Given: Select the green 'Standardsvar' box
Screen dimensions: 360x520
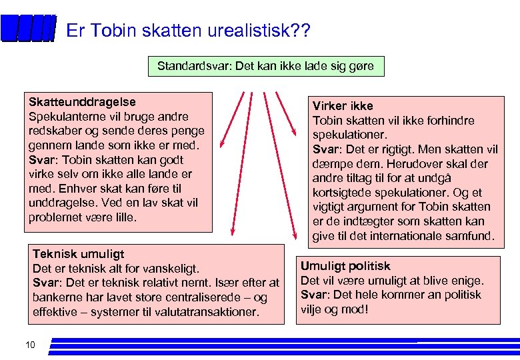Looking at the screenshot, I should coord(265,67).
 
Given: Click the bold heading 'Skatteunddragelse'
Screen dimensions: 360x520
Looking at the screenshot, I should coord(82,102).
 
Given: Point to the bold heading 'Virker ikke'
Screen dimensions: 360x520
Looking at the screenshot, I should coord(343,106).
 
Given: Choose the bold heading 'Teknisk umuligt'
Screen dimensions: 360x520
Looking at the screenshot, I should coord(78,254).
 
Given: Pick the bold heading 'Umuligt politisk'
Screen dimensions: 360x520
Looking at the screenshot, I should coord(345,266).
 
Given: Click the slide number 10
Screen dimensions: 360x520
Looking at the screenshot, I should coord(29,345).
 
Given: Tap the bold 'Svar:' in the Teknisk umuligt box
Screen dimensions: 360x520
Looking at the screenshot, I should coord(48,283).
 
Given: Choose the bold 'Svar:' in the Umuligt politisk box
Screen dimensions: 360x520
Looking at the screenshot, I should coord(316,295).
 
